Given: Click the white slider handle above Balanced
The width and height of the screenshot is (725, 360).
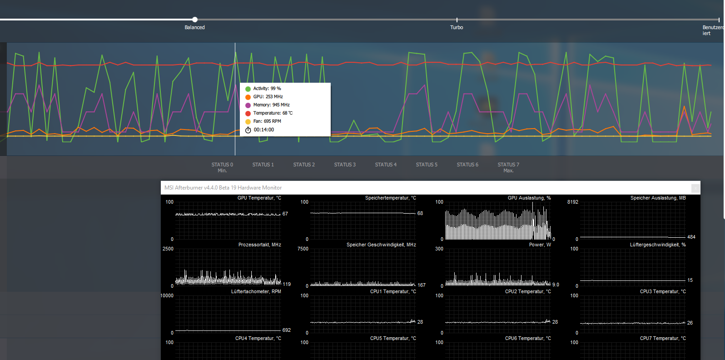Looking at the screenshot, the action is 194,20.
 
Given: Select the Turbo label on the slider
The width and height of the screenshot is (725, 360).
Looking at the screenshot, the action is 457,28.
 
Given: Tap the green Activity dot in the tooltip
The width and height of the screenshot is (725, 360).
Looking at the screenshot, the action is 248,89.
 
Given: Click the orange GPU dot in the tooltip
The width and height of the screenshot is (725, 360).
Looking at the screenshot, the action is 248,97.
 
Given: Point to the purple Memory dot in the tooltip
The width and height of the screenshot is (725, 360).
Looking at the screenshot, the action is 248,105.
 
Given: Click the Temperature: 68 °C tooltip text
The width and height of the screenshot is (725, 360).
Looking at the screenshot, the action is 273,113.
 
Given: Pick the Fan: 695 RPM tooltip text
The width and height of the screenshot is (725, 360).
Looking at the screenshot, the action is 267,121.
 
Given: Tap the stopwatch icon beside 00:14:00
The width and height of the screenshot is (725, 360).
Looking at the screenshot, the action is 248,130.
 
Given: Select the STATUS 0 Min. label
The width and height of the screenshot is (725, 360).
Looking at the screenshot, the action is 222,167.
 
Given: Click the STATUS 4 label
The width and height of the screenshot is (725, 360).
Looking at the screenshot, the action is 386,165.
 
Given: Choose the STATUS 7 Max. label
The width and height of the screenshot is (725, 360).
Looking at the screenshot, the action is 508,167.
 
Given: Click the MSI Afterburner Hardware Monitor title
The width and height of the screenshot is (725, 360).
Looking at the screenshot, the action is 223,188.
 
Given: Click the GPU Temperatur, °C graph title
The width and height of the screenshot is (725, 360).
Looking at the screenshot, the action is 259,198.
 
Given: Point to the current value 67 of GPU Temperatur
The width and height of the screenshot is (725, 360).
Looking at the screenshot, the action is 285,214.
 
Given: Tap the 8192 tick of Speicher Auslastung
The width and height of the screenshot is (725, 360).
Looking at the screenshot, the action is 572,202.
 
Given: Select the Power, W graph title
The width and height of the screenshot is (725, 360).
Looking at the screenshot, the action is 540,245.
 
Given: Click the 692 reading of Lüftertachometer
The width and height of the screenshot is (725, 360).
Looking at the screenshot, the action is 287,330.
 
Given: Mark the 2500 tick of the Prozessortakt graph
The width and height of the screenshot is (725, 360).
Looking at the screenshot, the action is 168,249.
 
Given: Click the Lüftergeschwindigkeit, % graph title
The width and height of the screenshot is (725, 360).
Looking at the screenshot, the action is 658,245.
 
